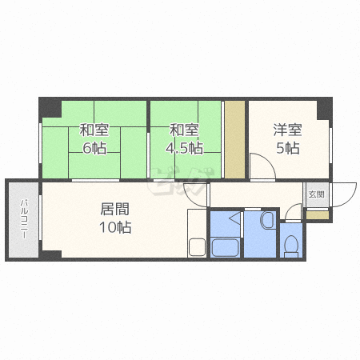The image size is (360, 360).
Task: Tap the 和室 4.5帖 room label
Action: coord(184,138)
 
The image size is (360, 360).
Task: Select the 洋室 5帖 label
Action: coord(287,138)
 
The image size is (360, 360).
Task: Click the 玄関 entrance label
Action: coord(317,194)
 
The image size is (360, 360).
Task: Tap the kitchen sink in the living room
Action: coord(197,246)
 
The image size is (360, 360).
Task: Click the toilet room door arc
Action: coord(294,214)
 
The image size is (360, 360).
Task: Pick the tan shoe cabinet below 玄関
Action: coord(317,215)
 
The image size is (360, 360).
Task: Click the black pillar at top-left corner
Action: coord(49,107)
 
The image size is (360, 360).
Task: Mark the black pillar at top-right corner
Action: coord(323,106)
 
